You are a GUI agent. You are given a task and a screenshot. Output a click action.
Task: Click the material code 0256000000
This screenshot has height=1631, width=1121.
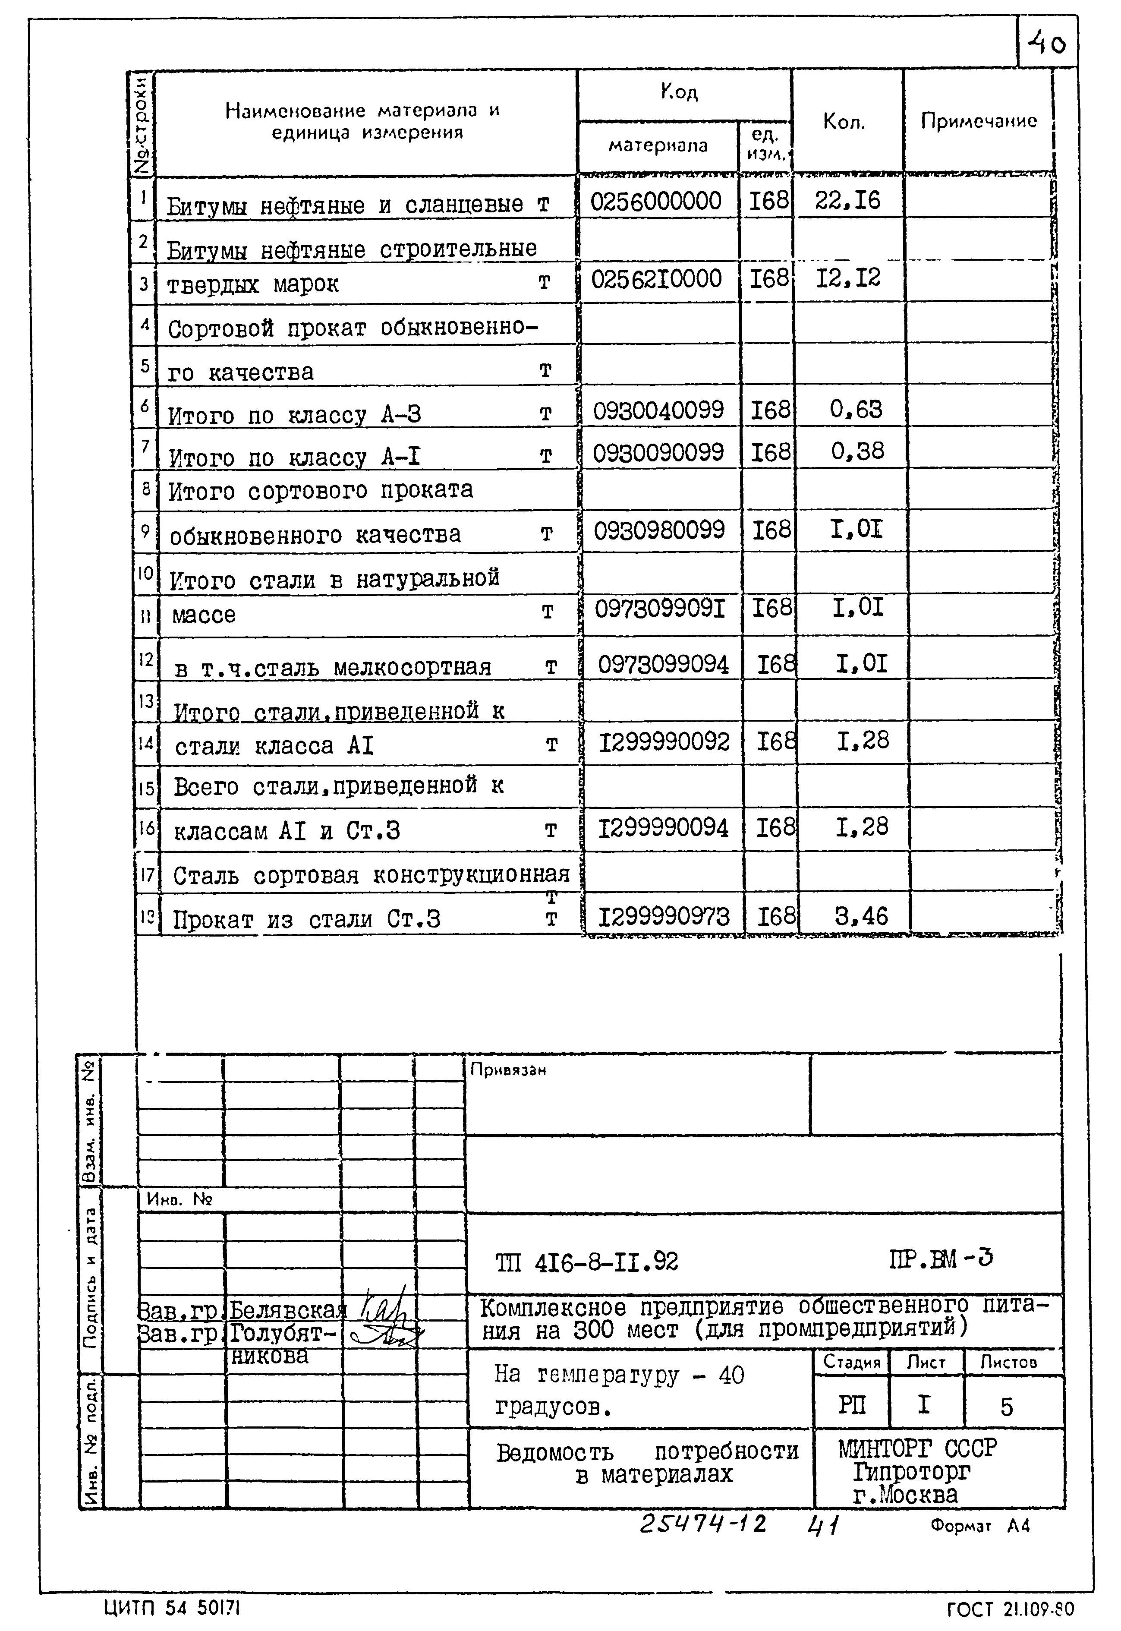655,202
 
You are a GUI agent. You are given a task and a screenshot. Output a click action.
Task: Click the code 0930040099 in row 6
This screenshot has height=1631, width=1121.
658,410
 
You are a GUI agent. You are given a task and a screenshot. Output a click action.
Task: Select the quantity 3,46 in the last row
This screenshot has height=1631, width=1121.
861,916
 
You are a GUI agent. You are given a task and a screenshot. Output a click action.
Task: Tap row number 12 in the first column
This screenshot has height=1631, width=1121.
145,659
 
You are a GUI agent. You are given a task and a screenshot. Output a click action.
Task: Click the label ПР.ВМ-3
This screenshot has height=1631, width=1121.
941,1259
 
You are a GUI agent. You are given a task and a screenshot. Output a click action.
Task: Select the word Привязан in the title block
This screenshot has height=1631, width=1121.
508,1070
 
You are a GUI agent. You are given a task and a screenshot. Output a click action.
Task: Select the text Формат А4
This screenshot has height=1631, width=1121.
980,1526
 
